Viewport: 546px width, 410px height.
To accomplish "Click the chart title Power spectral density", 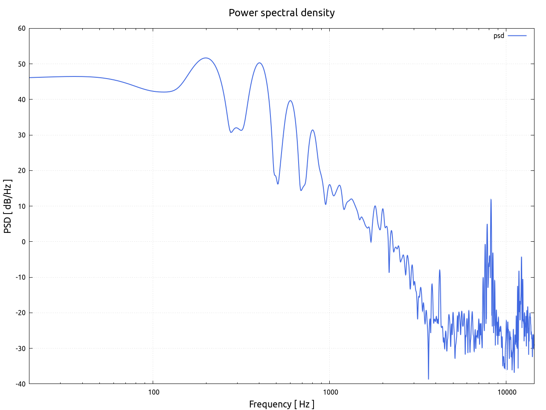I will [282, 13].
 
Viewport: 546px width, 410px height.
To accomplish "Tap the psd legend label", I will [499, 36].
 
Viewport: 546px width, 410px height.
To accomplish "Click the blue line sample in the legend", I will [517, 36].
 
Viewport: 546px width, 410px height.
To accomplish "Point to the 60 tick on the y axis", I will [21, 29].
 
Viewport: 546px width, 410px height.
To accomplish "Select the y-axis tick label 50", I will [21, 64].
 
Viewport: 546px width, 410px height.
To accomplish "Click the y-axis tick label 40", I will [21, 100].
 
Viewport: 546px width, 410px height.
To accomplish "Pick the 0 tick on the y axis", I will [23, 242].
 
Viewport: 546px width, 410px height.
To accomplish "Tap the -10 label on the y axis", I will [20, 277].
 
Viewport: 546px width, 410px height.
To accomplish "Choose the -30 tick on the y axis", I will [20, 348].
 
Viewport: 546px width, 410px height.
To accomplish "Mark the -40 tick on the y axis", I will [20, 384].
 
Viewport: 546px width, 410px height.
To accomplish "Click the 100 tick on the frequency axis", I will [153, 392].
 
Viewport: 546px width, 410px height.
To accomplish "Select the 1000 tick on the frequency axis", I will [330, 392].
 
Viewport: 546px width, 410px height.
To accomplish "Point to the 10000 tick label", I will [506, 392].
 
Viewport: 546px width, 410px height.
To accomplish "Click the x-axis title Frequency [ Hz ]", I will [282, 404].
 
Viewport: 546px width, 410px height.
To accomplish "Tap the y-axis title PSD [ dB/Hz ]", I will [8, 206].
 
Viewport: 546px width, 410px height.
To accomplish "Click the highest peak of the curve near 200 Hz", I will [206, 58].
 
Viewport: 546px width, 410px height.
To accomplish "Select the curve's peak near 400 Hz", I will [259, 63].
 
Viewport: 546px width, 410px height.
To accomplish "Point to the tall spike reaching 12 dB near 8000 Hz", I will [491, 199].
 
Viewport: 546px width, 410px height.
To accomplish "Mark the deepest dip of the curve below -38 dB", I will [428, 379].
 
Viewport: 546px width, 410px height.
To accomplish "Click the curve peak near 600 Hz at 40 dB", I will [290, 101].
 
